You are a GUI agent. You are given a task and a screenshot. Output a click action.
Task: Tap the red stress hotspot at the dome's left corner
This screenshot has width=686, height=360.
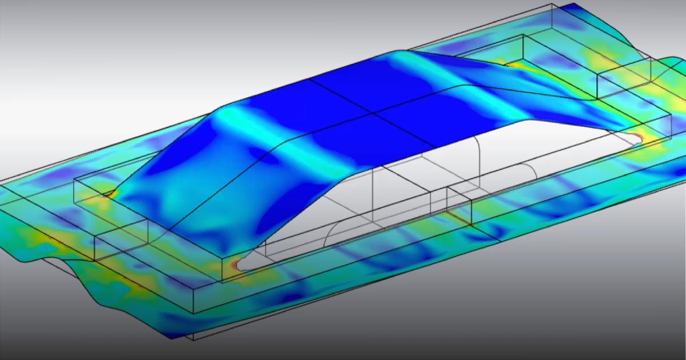[109, 194]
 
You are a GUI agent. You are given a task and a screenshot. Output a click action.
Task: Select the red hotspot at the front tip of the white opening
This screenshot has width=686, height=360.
[236, 265]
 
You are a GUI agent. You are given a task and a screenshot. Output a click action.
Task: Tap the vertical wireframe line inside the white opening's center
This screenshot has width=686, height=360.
[373, 189]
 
